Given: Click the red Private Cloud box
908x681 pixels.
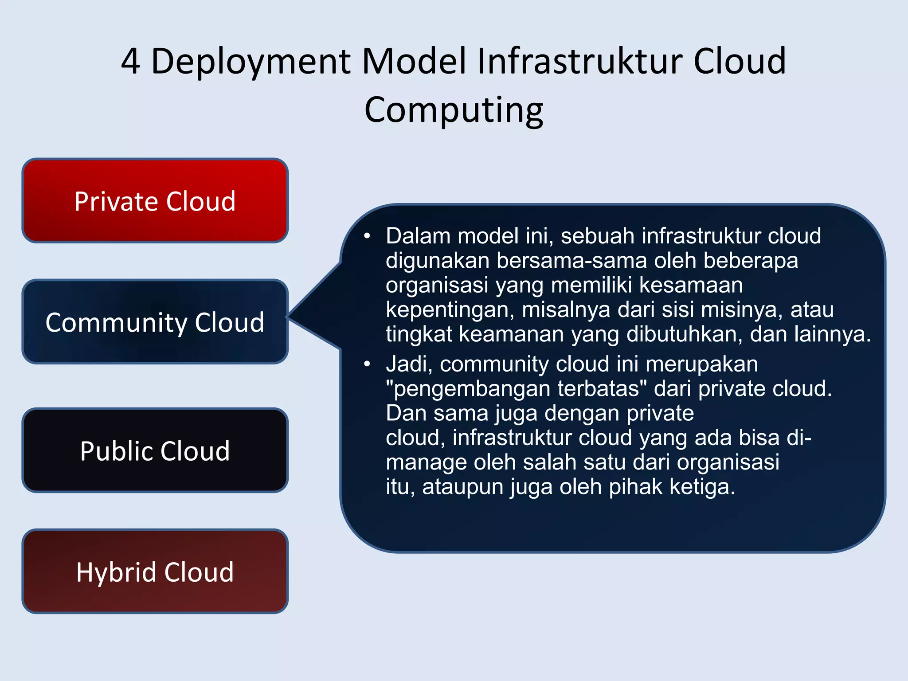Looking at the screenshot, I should (155, 200).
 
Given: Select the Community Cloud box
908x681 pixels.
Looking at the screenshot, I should (155, 322).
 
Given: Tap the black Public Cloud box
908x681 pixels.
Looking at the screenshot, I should (155, 450).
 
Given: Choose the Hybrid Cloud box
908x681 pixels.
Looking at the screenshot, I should (155, 571).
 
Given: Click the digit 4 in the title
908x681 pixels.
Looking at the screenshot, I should (131, 61).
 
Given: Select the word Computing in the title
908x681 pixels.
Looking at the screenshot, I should (454, 111).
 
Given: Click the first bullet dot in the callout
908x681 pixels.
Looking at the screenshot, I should (367, 236).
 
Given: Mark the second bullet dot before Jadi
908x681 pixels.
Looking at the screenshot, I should (367, 364).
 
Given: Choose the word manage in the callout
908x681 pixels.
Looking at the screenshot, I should (426, 463).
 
